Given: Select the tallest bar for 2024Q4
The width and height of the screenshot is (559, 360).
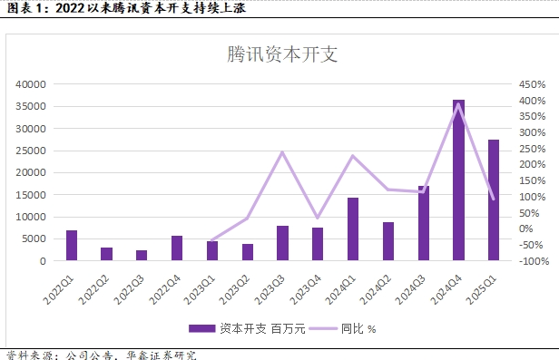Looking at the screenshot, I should coord(458,180).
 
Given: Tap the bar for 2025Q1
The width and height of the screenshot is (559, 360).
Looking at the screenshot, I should coord(494,200).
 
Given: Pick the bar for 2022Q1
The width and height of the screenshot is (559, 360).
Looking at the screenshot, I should coord(72,246).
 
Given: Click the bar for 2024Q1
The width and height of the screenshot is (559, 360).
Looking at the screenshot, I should coord(353,229).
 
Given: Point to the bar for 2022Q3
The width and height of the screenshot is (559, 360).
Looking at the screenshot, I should coord(142,256).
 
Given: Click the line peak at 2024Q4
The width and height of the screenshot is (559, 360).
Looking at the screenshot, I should coord(458,103).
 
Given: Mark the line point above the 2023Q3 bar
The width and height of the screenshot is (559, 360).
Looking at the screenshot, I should coord(283,151).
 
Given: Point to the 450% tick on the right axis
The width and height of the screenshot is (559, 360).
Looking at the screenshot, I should coord(532,84).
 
